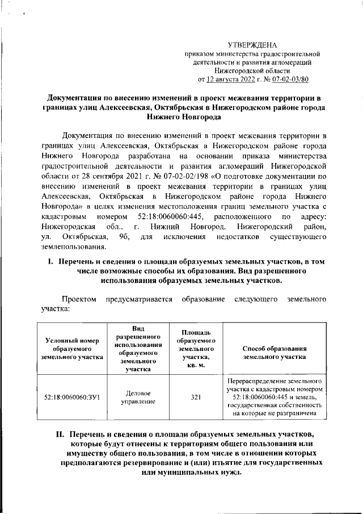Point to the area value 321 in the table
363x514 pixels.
click(195, 397)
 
